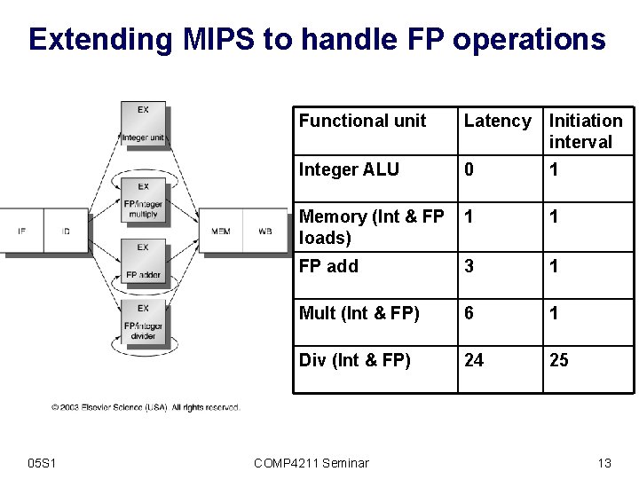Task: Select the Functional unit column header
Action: tap(362, 121)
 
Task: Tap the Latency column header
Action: tap(497, 121)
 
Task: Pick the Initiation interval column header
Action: tap(586, 130)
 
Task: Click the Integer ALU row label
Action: tap(349, 169)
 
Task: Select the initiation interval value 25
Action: tap(559, 360)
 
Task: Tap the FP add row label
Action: tap(328, 266)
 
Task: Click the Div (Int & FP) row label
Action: tap(354, 360)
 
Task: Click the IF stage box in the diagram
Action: tap(21, 232)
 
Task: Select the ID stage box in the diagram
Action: tap(67, 232)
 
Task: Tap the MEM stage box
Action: tap(221, 232)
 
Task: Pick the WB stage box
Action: tap(264, 232)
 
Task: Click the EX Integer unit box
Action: tap(143, 124)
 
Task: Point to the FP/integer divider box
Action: tap(143, 325)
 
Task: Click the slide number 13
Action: tap(604, 462)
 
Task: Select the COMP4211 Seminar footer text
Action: tap(311, 462)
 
